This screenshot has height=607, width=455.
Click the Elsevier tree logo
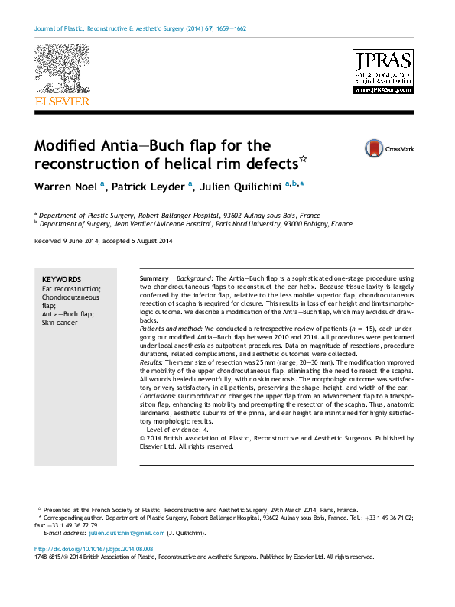tap(62, 69)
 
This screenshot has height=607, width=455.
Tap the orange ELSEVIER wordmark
tap(62, 101)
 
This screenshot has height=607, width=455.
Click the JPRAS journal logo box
tap(382, 72)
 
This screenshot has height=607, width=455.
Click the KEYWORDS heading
tap(61, 280)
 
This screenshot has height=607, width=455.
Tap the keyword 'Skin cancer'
tap(60, 323)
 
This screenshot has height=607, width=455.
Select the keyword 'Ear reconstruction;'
tap(71, 289)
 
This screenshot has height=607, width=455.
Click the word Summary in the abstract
tap(155, 278)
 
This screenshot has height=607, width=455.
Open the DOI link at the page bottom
tap(94, 549)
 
